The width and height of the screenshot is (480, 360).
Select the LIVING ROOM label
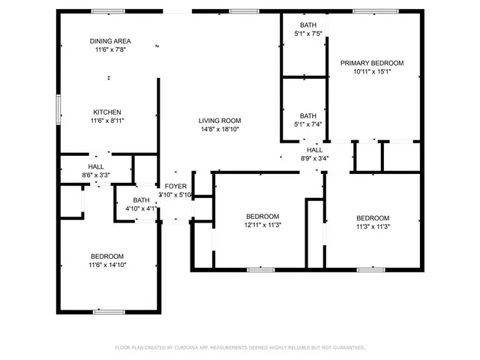[x=219, y=121]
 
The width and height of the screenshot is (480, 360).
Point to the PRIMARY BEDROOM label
[x=372, y=63]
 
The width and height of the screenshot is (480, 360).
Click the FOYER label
[x=175, y=186]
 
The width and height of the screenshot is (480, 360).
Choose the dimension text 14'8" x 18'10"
[x=219, y=129]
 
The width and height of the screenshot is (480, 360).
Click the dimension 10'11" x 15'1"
[x=372, y=72]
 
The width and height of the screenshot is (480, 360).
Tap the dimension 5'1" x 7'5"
[x=307, y=33]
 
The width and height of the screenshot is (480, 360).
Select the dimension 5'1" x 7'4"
[x=307, y=124]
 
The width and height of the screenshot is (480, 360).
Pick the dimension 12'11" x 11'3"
[x=262, y=224]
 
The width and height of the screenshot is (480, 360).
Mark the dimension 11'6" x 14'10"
[x=107, y=264]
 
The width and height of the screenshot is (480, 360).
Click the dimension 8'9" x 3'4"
[x=314, y=158]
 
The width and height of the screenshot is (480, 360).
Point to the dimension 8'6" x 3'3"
[x=96, y=175]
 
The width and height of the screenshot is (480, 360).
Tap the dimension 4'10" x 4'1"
[x=140, y=208]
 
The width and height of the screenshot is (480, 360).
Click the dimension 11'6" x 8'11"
[x=106, y=120]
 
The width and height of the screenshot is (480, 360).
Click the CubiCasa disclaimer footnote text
[x=239, y=348]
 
